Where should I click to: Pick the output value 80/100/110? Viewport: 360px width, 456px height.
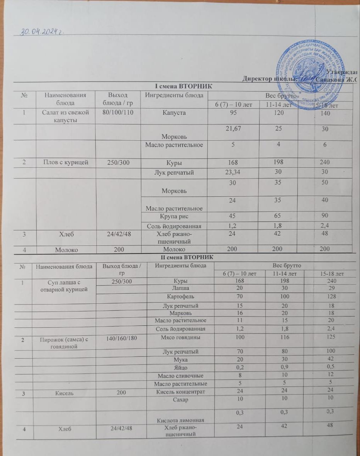115,113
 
